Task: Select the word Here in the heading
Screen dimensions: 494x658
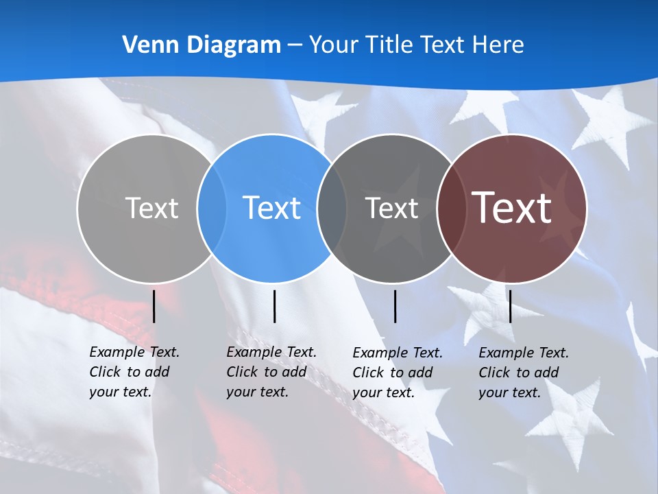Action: [498, 45]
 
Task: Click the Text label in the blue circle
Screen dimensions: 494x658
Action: [272, 208]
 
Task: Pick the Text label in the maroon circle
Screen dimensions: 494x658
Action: [512, 208]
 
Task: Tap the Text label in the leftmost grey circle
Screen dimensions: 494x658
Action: [151, 208]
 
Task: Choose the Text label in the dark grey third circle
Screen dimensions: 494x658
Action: [391, 208]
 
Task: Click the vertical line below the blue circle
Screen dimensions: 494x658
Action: [274, 306]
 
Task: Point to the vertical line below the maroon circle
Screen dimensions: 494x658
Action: [510, 306]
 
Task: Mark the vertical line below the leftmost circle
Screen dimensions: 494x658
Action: [154, 306]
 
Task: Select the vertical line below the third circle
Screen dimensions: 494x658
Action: [395, 306]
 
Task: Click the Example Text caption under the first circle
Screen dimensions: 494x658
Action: [134, 372]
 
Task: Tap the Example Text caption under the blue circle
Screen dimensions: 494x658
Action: [271, 372]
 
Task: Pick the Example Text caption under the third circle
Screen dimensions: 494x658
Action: [397, 373]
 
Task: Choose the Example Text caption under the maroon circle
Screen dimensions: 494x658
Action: [523, 373]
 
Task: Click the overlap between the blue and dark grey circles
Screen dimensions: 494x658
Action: [332, 208]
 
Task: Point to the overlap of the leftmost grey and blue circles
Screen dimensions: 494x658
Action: [212, 208]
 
